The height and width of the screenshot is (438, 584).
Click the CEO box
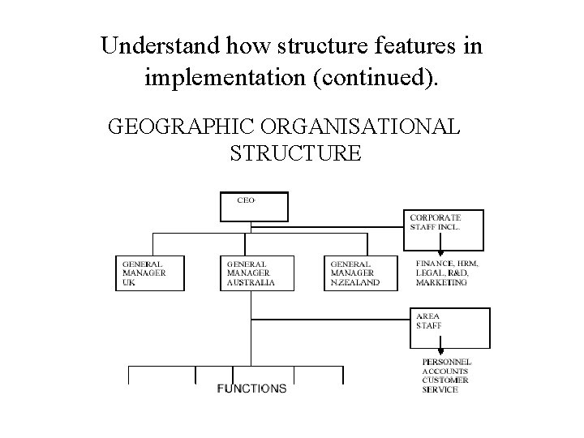point(254,206)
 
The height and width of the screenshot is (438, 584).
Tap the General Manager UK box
point(149,273)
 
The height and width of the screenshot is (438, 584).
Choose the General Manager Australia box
point(253,273)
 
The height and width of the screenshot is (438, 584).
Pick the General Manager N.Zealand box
point(357,273)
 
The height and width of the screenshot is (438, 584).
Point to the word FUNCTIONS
point(251,389)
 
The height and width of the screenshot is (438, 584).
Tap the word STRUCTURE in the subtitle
point(295,152)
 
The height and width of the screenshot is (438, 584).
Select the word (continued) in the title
point(380,78)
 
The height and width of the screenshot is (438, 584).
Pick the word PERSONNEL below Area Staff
point(447,362)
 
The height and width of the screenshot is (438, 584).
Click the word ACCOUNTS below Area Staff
point(444,371)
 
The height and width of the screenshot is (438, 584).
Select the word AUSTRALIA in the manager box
point(251,283)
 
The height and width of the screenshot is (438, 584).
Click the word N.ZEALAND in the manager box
point(354,283)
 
